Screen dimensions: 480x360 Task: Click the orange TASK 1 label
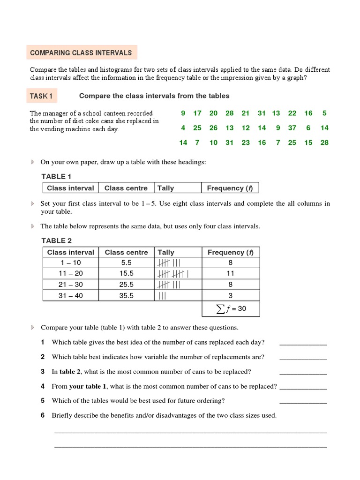click(41, 96)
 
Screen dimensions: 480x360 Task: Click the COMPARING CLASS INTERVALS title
click(81, 53)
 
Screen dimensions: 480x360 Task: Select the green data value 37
click(292, 128)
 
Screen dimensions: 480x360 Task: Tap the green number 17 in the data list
click(197, 113)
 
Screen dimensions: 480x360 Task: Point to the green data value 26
click(213, 128)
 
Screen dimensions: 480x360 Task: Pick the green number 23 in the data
click(246, 143)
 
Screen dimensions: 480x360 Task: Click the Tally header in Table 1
click(165, 188)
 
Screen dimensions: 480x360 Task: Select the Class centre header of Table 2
click(126, 252)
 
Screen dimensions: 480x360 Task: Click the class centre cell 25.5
click(126, 285)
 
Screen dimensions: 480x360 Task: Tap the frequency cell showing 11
click(230, 274)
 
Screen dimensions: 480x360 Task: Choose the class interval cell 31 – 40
click(71, 295)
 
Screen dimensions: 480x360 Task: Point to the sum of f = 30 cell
click(230, 308)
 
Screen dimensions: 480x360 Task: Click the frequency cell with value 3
click(230, 295)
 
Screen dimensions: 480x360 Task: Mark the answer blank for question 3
click(303, 374)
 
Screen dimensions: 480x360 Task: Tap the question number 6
click(43, 415)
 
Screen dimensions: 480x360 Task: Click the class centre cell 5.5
click(126, 263)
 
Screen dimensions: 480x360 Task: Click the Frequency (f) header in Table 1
click(230, 188)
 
